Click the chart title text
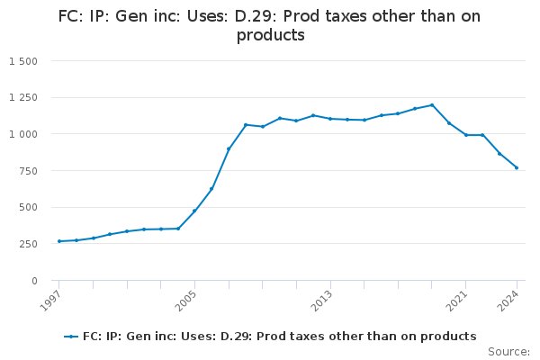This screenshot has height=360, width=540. coord(269,26)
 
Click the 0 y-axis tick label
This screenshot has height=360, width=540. coord(33,281)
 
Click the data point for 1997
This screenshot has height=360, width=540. coord(59,241)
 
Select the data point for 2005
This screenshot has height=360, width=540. coord(194,211)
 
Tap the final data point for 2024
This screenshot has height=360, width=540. coord(517,167)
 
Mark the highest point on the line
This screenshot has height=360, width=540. coord(432,105)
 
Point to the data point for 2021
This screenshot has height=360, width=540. coord(466,135)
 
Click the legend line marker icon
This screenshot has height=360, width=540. coord(71,337)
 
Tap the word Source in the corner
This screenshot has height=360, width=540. coord(508,352)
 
